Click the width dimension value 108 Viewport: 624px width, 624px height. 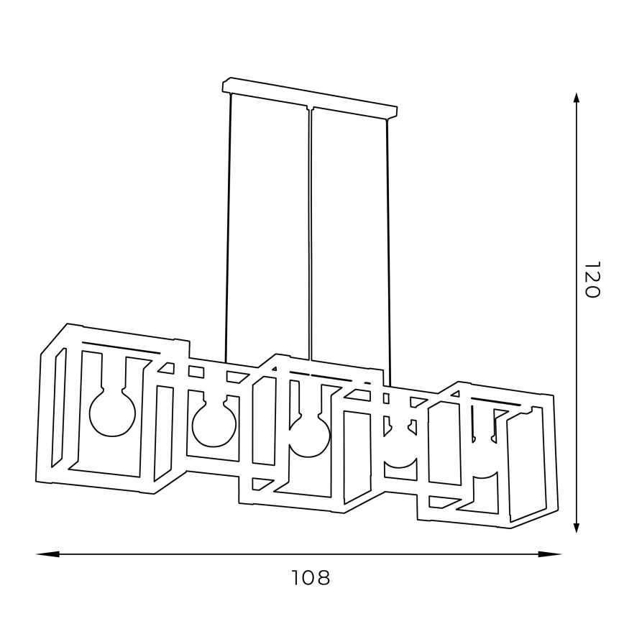point(311,577)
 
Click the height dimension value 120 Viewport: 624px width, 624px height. point(590,280)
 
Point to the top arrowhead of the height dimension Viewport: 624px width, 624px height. point(577,101)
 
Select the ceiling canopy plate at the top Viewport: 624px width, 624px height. point(309,98)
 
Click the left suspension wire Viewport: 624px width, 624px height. point(229,230)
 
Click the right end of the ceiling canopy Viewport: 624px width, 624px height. point(394,111)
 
